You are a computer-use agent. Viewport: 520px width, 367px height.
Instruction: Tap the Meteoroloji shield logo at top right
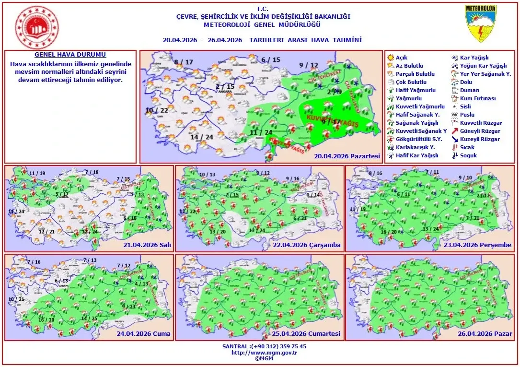coord(481,23)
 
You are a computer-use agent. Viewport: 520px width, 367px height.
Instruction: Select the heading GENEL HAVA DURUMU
coord(70,55)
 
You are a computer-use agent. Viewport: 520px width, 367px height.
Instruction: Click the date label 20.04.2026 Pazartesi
coord(347,156)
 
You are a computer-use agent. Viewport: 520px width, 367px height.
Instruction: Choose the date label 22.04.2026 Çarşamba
coord(313,245)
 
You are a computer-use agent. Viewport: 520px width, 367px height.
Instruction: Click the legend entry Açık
coord(402,58)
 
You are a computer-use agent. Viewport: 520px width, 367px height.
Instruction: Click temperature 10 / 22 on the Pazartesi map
coord(156,110)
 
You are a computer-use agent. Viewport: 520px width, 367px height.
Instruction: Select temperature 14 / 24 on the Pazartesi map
coord(202,137)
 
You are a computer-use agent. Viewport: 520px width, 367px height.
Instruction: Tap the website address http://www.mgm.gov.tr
coord(264,353)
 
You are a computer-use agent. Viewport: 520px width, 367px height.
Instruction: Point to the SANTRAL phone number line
coord(264,346)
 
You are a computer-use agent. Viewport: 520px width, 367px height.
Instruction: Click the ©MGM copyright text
coord(264,358)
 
